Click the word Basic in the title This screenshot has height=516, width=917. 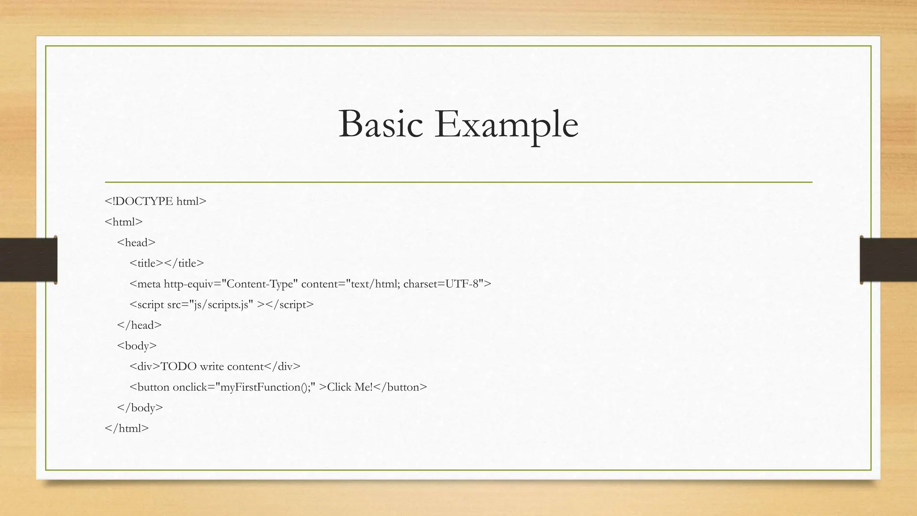(x=381, y=124)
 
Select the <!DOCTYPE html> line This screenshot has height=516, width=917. (x=155, y=202)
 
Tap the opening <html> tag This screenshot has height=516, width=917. (x=124, y=222)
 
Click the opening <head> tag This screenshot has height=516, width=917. (x=136, y=243)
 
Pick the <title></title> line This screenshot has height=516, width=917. (x=167, y=263)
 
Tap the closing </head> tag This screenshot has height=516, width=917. (x=139, y=325)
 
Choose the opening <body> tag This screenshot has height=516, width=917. (x=137, y=346)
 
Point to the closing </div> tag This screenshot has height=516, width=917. (x=282, y=366)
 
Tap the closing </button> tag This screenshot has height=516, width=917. (x=400, y=387)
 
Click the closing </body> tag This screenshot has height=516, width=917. (x=140, y=408)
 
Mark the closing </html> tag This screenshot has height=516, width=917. (x=127, y=428)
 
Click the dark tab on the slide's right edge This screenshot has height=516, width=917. (x=888, y=260)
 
